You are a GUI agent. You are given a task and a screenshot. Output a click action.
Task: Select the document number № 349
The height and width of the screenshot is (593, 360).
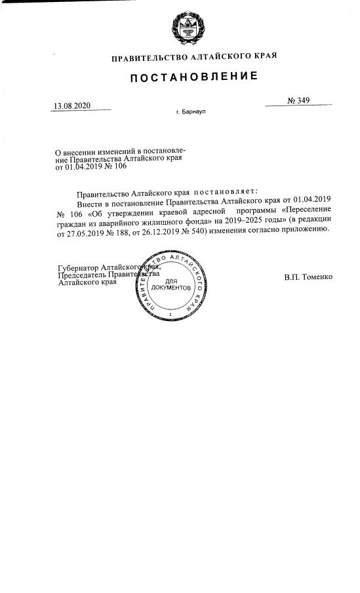[298, 100]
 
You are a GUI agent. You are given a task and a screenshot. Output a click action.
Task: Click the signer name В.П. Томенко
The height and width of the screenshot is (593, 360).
[308, 277]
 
